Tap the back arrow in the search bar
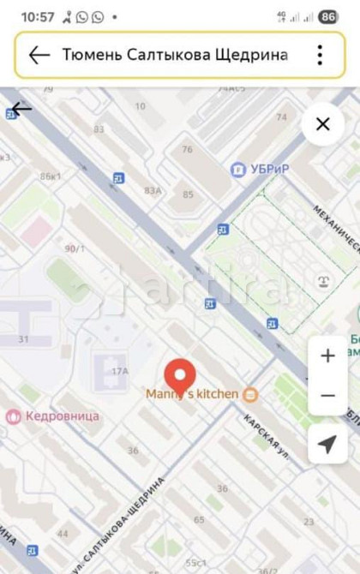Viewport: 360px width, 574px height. (39, 55)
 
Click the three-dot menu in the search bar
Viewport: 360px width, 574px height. (320, 55)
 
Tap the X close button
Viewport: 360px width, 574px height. (323, 124)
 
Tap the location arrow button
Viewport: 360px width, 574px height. (327, 443)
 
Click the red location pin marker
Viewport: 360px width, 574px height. (180, 375)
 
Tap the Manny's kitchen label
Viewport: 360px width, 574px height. (192, 394)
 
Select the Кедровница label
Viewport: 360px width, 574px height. (63, 416)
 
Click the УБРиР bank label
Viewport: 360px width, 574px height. (269, 170)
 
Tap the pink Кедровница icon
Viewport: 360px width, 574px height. (13, 416)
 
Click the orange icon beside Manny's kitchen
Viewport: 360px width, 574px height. (250, 394)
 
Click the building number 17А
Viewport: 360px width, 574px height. (119, 371)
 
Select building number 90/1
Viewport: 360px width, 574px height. (75, 248)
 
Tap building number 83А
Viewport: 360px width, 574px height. (153, 190)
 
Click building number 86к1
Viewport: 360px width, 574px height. (50, 176)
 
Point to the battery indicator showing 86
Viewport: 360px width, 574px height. (327, 16)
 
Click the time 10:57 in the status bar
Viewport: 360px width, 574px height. (37, 16)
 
